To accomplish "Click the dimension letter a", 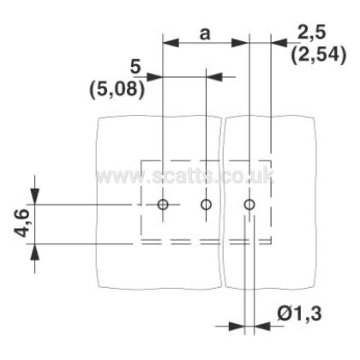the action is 205,34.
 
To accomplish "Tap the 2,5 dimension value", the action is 311,32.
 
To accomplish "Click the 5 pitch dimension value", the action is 135,67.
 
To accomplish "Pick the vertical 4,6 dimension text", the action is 22,223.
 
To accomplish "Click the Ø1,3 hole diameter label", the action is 299,313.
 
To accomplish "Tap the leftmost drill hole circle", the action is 163,205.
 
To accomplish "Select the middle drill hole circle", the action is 206,205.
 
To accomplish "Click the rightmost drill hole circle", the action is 249,205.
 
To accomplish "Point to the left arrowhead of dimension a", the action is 171,43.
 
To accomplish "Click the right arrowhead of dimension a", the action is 240,43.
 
